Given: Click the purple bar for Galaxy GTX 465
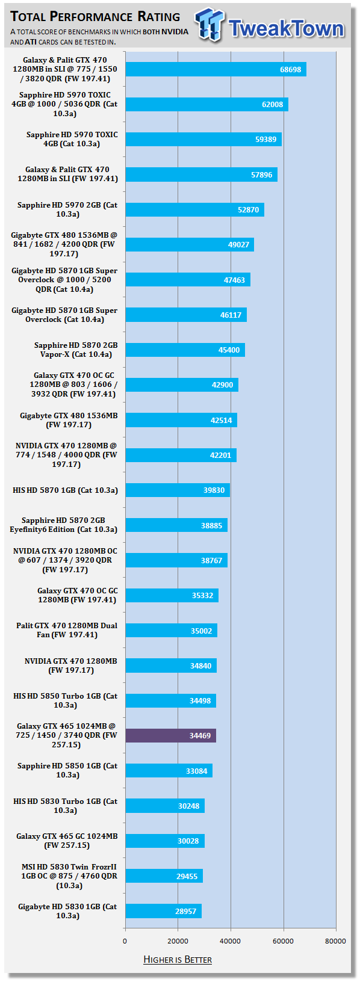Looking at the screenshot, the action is tap(170, 735).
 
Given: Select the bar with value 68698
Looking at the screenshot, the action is tap(216, 69).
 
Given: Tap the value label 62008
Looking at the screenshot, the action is tap(272, 104).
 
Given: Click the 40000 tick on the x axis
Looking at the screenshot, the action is tap(230, 941).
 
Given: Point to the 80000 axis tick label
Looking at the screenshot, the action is tap(335, 941).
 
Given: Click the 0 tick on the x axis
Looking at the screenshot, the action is tap(125, 941).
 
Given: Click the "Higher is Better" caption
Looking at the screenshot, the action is tap(178, 960).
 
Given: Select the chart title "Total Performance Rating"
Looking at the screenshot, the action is tap(95, 17).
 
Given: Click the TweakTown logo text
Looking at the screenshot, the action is tap(286, 28).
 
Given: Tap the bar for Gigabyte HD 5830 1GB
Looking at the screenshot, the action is tap(164, 911).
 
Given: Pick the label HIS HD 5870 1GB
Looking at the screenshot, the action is tap(66, 490).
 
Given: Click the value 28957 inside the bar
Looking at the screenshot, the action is tap(185, 912).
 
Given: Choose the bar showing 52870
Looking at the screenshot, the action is tap(194, 209).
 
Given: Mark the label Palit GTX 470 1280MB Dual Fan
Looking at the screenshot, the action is tap(67, 630).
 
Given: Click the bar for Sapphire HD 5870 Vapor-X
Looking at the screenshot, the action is tap(185, 350).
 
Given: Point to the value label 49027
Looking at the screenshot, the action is tap(238, 245).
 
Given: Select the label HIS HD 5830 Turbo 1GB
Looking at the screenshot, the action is tap(66, 805).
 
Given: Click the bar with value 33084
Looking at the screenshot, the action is tap(169, 771).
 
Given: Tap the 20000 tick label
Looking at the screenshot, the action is tap(178, 941).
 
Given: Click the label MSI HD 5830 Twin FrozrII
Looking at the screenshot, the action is tap(69, 876).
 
